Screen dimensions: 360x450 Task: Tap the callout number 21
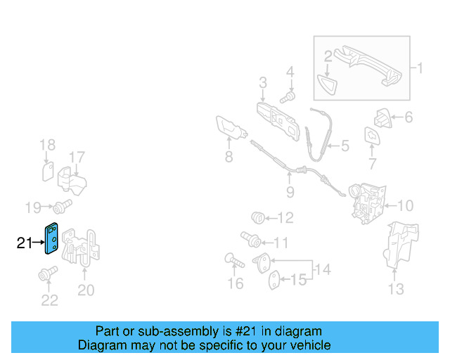click(x=25, y=243)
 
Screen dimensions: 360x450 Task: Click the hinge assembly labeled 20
click(x=82, y=246)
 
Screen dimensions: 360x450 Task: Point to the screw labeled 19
click(x=63, y=206)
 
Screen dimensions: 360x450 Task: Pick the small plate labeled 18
click(x=48, y=171)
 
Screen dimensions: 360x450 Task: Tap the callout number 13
click(x=396, y=288)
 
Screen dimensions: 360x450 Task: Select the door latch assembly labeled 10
click(x=364, y=202)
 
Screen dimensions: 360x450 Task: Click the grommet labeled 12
click(x=258, y=217)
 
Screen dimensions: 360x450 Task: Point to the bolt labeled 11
click(x=250, y=240)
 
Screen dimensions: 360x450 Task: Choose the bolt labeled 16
click(x=233, y=262)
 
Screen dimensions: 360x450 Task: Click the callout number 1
click(x=420, y=68)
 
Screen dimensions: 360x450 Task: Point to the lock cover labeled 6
click(x=382, y=117)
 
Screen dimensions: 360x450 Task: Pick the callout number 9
click(x=290, y=192)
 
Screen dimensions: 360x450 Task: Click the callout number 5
click(x=345, y=146)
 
